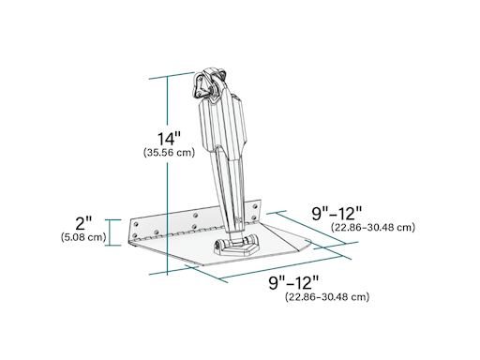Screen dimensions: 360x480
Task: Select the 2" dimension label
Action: click(x=83, y=224)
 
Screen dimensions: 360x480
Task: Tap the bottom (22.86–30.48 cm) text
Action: click(x=327, y=296)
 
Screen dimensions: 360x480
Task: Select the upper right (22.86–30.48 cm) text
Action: click(x=372, y=227)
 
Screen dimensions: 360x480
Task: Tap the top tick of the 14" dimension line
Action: click(x=170, y=75)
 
